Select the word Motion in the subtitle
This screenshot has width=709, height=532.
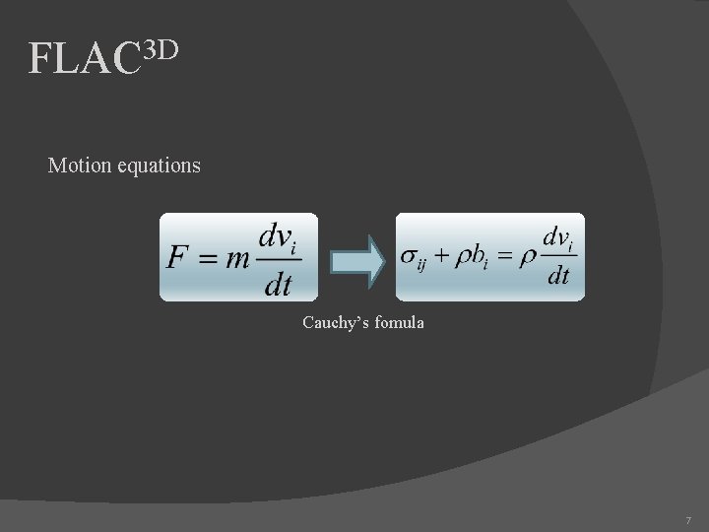(x=80, y=166)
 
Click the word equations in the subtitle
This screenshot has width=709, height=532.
(x=160, y=166)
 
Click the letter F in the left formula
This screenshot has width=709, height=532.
(x=178, y=258)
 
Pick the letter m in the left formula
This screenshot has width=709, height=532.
(x=236, y=259)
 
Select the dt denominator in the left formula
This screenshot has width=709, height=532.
(x=279, y=285)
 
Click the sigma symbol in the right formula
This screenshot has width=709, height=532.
(x=410, y=256)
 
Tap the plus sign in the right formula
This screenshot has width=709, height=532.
(x=442, y=256)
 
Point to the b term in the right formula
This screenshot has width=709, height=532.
(x=479, y=256)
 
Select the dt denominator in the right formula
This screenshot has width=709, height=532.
(x=557, y=277)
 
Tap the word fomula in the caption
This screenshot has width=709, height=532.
(x=398, y=322)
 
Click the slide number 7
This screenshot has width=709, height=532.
(x=687, y=519)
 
